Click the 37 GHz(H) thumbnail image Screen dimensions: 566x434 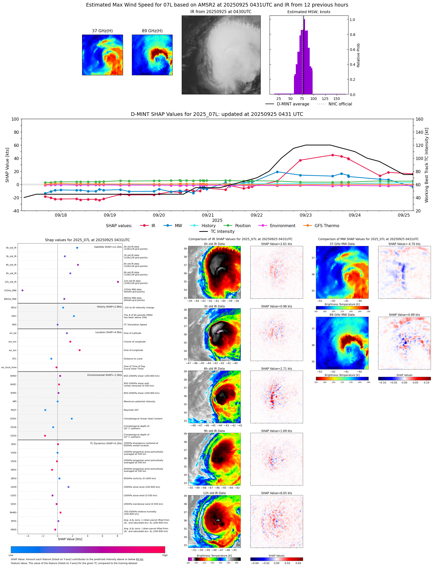click(102, 55)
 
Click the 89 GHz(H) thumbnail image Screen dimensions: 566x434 click(152, 55)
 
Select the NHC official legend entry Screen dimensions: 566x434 click(340, 104)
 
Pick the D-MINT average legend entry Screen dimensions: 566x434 click(293, 104)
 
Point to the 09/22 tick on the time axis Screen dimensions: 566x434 click(256, 215)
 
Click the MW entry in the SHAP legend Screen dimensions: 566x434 click(178, 226)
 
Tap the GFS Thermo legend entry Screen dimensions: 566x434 click(326, 226)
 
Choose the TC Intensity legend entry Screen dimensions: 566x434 click(222, 232)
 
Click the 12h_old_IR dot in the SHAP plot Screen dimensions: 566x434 click(118, 282)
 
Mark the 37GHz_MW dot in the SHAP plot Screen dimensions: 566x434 click(23, 290)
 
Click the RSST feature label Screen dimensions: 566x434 click(13, 410)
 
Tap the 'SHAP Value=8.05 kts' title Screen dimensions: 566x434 click(276, 493)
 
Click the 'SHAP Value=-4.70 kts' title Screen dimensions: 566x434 click(404, 244)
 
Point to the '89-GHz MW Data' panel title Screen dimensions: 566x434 click(342, 315)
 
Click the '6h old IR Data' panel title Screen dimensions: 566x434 click(214, 369)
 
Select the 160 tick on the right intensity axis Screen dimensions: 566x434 click(419, 119)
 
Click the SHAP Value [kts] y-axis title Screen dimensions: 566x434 click(7, 165)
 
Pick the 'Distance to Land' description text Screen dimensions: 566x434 click(133, 359)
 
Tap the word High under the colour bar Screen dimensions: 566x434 click(165, 555)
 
